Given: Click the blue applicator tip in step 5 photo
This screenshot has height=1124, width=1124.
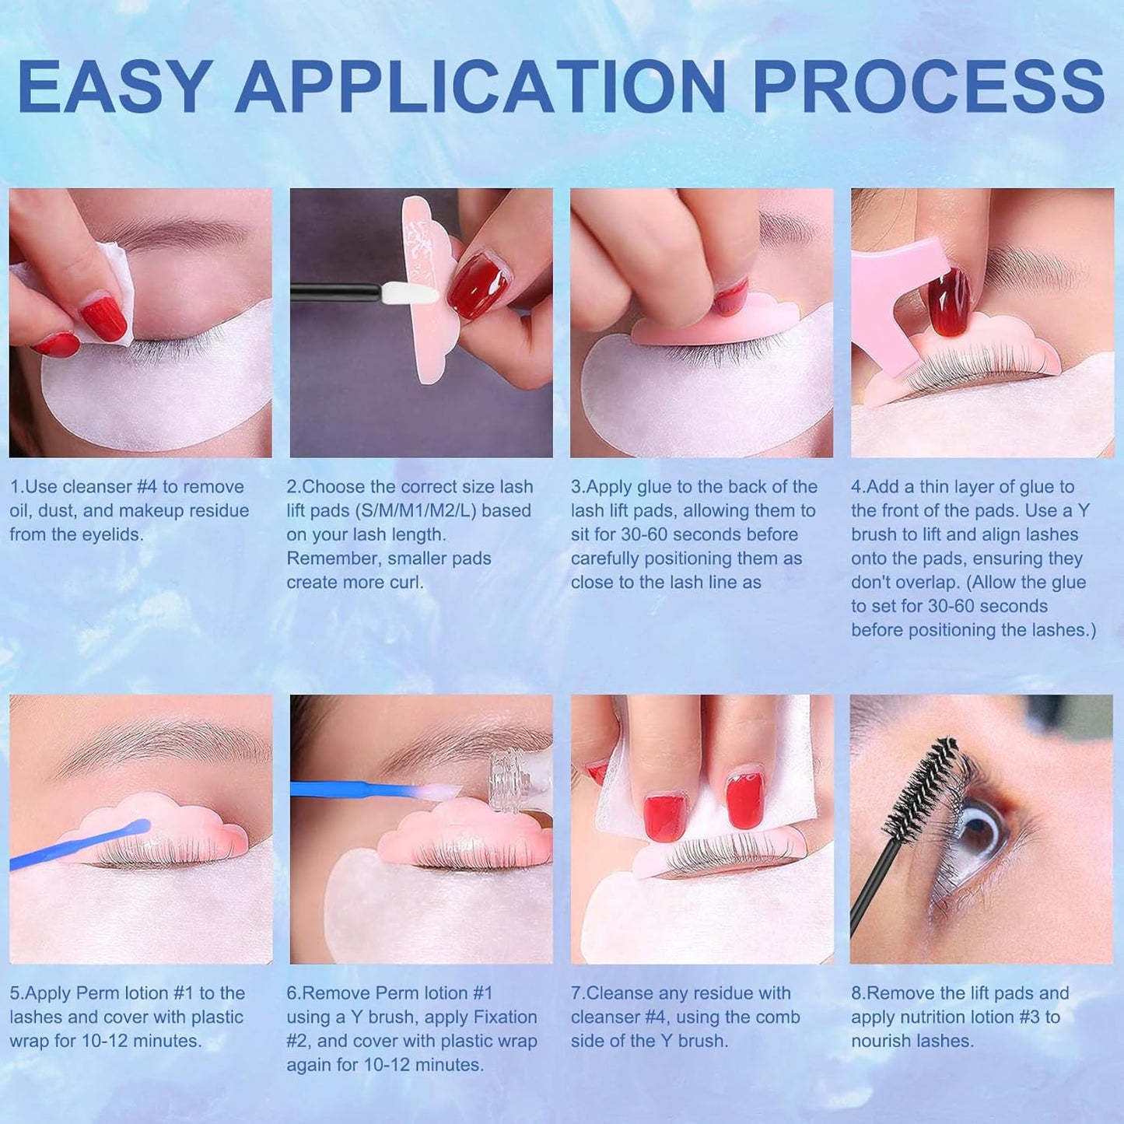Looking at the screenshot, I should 140,826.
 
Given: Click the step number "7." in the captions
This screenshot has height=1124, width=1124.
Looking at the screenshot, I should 578,993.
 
